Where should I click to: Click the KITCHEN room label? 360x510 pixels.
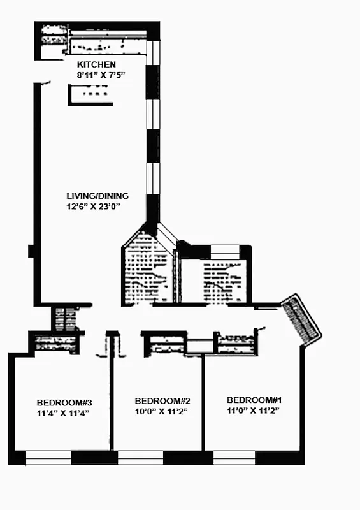point(96,64)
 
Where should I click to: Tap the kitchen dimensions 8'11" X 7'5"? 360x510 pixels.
point(101,75)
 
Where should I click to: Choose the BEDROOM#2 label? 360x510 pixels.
point(163,401)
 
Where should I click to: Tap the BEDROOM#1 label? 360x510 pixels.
point(254,400)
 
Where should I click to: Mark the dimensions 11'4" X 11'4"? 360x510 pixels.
point(64,413)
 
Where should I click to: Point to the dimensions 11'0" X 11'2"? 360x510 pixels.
point(254,411)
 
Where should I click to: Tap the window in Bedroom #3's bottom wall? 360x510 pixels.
point(48,457)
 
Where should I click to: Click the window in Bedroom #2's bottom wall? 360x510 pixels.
point(141,457)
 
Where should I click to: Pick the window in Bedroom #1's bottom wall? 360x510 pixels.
point(234,457)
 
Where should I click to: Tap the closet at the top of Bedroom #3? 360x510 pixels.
point(56,343)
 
